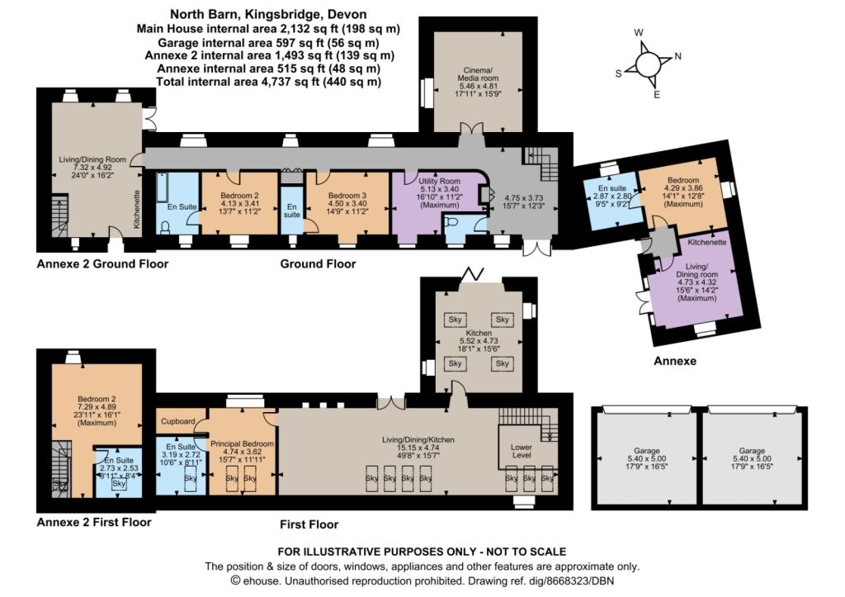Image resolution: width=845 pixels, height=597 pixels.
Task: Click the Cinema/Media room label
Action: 479,74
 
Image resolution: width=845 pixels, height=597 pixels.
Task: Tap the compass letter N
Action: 678,56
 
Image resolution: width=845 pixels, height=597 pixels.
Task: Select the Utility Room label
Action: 439,181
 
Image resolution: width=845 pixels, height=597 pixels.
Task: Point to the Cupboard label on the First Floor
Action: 178,421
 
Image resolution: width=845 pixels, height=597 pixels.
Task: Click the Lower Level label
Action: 522,451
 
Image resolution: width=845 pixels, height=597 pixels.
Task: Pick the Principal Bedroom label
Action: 242,444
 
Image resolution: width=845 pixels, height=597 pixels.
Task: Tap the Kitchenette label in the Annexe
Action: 706,242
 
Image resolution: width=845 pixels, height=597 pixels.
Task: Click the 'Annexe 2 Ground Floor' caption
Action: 102,264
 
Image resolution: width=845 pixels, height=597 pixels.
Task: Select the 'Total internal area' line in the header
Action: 268,82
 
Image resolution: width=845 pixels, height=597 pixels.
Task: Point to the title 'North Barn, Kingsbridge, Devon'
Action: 268,15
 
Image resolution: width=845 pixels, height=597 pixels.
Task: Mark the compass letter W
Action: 639,33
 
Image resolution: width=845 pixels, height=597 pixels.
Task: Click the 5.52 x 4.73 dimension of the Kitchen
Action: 479,341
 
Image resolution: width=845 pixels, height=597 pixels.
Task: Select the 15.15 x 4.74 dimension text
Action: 418,448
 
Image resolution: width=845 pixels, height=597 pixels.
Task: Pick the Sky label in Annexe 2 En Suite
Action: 119,484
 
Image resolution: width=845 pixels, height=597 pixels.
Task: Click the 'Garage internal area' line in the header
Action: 268,42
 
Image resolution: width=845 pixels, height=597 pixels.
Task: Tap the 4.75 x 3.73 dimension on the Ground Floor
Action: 523,198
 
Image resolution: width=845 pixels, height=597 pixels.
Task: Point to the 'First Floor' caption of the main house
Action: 309,524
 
